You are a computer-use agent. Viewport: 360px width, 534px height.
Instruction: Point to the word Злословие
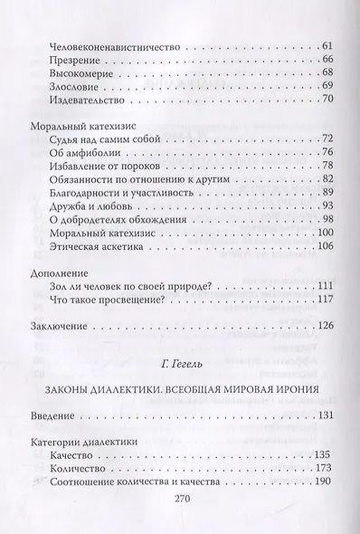[x=69, y=92]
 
